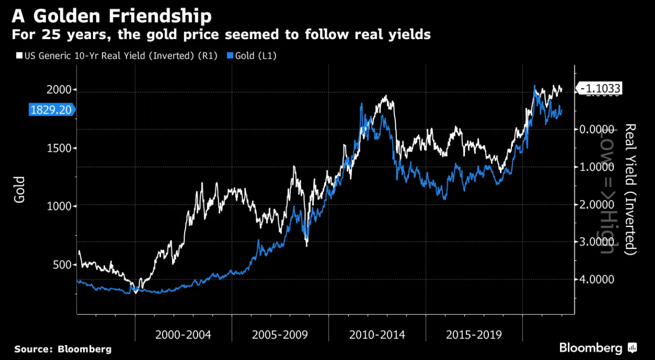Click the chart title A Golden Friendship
pos(112,16)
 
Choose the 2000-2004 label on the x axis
pos(183,334)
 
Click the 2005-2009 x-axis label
pos(280,334)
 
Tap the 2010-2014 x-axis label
pos(377,334)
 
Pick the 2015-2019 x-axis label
pos(474,334)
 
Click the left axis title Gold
pos(20,189)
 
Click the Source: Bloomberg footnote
pos(63,349)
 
